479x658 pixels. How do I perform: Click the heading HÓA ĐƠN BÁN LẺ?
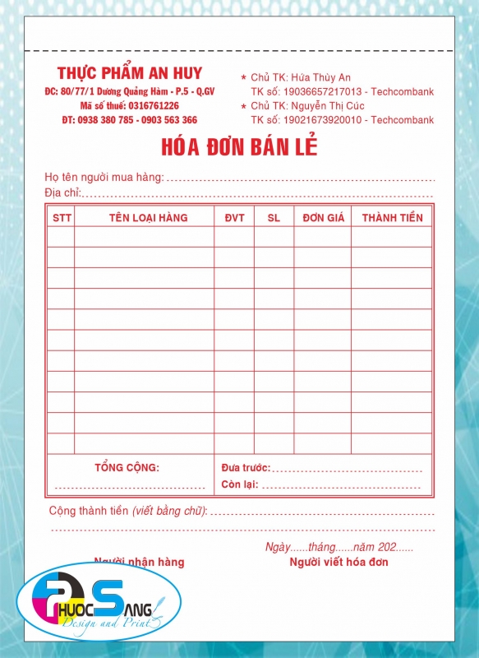(x=239, y=147)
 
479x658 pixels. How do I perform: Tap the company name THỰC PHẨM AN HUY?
(x=130, y=73)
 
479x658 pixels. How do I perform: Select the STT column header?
(x=62, y=218)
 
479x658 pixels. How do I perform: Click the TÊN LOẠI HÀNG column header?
(x=148, y=218)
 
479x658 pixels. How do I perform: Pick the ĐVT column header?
(x=234, y=218)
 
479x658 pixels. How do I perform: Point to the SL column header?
(x=274, y=218)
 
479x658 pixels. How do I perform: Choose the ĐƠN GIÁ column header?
(x=322, y=218)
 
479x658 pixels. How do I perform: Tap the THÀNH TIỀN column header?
(x=392, y=218)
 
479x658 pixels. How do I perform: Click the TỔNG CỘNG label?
(x=127, y=467)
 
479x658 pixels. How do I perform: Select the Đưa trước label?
(x=245, y=468)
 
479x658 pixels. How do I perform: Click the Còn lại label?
(x=240, y=484)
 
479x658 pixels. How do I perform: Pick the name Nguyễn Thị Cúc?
(x=330, y=106)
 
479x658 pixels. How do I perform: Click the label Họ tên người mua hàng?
(x=104, y=177)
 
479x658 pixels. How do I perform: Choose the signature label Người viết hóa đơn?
(x=339, y=563)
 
